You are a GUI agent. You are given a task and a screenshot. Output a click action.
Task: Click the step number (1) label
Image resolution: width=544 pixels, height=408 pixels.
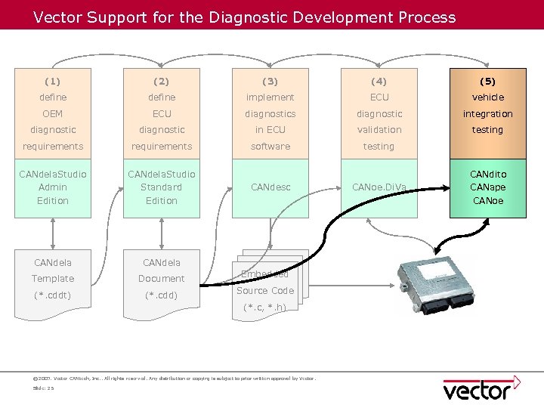(53, 81)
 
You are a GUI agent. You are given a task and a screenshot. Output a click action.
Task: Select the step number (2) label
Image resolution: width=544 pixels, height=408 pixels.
(161, 81)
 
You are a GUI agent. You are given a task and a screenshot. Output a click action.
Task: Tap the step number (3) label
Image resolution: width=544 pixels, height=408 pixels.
(270, 81)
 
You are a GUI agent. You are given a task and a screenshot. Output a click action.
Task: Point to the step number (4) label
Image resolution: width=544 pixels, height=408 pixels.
(379, 81)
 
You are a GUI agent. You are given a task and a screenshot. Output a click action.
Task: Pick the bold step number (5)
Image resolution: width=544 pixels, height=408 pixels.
(487, 81)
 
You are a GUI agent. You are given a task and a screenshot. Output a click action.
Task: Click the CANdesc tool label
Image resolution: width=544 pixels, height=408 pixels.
(270, 187)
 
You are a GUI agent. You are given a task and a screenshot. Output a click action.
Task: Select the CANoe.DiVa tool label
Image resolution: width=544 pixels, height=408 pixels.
(379, 187)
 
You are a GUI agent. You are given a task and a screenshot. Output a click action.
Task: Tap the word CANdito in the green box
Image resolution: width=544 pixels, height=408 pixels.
(487, 174)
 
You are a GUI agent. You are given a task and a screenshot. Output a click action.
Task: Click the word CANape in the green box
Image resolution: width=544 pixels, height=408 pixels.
(487, 187)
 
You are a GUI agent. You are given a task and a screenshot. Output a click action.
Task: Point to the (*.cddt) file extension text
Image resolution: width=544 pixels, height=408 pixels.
(53, 295)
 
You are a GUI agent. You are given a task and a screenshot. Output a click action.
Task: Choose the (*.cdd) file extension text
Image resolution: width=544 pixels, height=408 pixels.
(161, 295)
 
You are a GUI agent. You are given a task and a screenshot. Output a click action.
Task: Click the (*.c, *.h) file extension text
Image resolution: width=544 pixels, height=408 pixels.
(264, 307)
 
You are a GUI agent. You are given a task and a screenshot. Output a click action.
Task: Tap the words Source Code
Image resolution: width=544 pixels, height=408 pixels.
(264, 290)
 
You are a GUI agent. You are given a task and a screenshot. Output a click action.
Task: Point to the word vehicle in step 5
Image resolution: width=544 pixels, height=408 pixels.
(487, 97)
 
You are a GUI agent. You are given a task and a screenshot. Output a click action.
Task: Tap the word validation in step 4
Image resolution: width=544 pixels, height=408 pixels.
(379, 130)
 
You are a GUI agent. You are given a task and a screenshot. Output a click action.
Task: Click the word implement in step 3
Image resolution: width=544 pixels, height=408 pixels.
(270, 97)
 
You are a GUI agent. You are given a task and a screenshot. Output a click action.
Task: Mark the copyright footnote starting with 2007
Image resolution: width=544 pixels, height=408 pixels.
(174, 378)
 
